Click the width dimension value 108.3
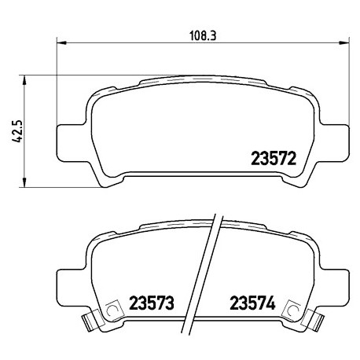[x=203, y=35]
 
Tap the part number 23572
[x=274, y=158]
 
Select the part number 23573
[x=152, y=303]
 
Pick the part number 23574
[x=252, y=303]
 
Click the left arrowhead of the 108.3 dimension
[x=61, y=42]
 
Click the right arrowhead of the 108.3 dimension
[x=344, y=42]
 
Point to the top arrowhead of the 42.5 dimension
[x=24, y=80]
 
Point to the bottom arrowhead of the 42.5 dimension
[x=24, y=182]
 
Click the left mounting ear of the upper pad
[x=71, y=143]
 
